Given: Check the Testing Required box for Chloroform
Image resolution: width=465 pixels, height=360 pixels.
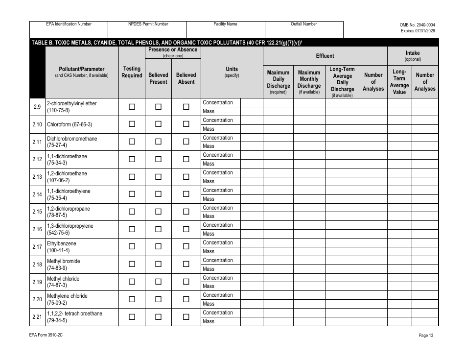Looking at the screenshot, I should [x=132, y=124].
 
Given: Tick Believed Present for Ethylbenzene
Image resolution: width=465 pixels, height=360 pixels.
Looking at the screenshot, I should [x=158, y=246].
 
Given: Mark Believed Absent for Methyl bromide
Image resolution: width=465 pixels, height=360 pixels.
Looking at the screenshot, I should [x=186, y=264].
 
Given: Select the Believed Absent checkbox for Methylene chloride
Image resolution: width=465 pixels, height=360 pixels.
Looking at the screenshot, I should [x=186, y=299].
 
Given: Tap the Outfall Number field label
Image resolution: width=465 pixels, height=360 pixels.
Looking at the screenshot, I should [x=303, y=24].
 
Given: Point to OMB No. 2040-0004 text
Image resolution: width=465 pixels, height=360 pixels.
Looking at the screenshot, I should [x=417, y=24].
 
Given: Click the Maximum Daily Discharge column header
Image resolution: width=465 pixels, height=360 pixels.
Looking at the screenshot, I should [x=278, y=82].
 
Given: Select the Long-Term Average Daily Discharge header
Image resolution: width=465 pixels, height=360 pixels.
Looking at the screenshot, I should [x=342, y=82].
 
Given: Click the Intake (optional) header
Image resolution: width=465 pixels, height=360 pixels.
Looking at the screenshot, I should [x=413, y=56].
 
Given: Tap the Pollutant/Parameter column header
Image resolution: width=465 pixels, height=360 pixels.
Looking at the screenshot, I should [x=82, y=72].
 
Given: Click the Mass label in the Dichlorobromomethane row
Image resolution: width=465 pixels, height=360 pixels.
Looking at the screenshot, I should [x=209, y=146].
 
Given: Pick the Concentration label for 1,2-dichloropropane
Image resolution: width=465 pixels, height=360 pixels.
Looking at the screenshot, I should [x=218, y=208].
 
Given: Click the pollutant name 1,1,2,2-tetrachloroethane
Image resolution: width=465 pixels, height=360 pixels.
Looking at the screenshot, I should [x=75, y=313].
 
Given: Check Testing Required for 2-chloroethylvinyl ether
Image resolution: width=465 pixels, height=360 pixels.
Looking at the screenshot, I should [x=132, y=107].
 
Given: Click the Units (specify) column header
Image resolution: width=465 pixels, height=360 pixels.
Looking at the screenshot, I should [x=232, y=72].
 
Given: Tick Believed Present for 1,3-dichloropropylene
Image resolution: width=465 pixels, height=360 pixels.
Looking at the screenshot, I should [x=158, y=229].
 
